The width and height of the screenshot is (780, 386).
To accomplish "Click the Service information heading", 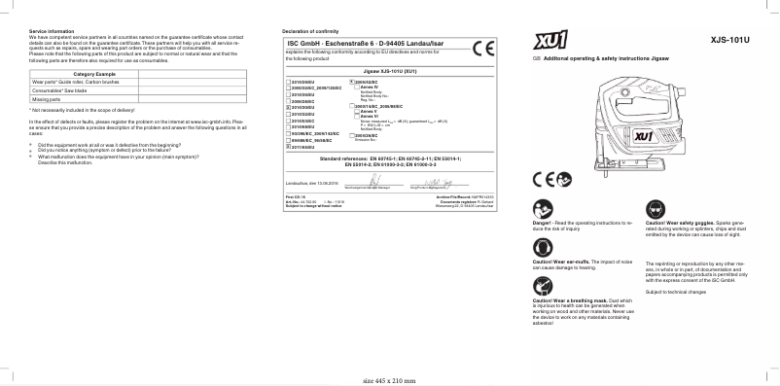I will coord(50,31).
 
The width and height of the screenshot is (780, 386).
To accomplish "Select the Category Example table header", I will coord(94,75).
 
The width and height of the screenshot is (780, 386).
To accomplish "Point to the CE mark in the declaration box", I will coord(482,50).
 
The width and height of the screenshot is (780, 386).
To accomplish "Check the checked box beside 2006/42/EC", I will coord(350,82).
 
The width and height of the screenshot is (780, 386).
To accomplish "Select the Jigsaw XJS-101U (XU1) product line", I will coord(389,72).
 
